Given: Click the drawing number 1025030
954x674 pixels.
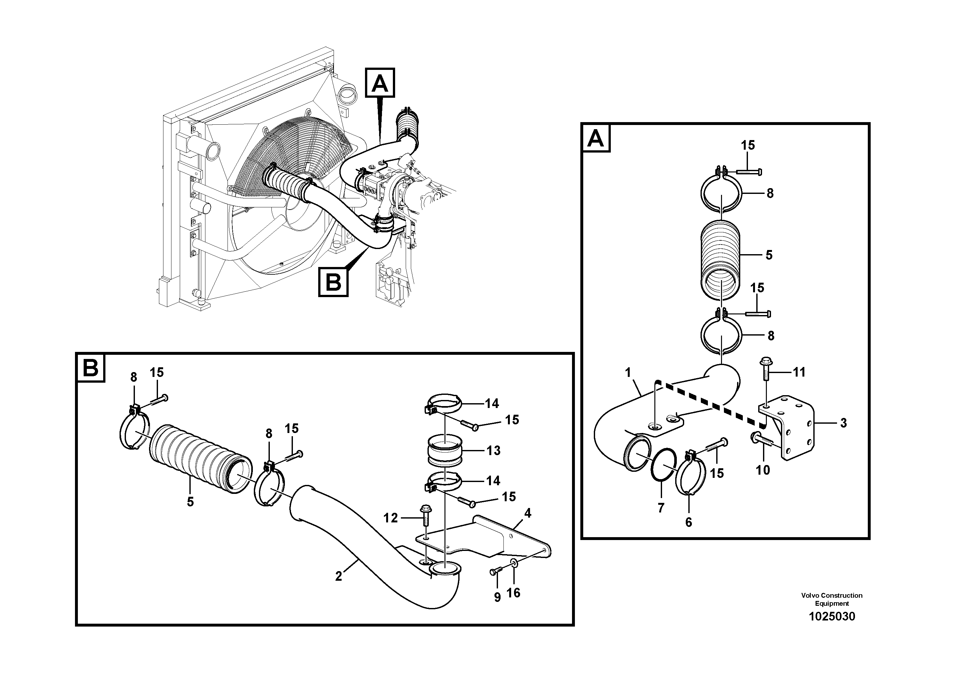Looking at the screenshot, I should pos(832,616).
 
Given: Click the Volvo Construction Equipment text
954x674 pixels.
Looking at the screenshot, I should pos(832,599).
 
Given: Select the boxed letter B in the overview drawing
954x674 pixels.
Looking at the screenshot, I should pos(333,283).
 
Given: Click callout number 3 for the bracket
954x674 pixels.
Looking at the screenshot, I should pos(843,423).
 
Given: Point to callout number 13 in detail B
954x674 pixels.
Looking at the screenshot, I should pos(493,450).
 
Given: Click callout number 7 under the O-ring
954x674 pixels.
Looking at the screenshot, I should pos(661,507).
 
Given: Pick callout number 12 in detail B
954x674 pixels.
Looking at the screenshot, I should pos(390,518).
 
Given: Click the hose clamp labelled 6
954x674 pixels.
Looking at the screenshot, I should pos(691,474).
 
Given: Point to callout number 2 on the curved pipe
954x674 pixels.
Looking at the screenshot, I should pos(339,576).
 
